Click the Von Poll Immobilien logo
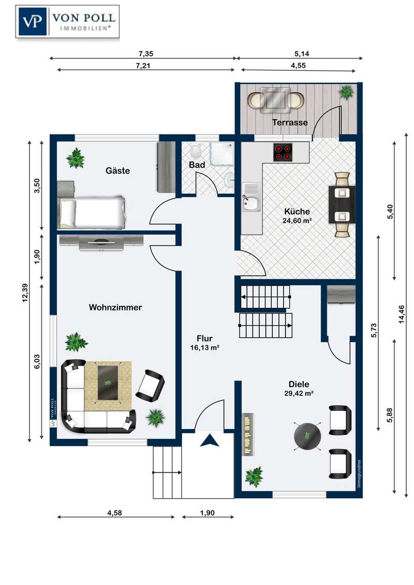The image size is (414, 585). [x=67, y=22]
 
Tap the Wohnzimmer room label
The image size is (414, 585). [x=115, y=307]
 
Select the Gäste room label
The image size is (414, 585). [x=117, y=171]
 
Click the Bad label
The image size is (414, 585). [x=197, y=164]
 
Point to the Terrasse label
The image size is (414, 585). [x=290, y=122]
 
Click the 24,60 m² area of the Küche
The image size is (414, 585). [x=298, y=221]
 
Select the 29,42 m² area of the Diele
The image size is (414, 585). [x=299, y=393]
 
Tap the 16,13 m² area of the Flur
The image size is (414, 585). [x=204, y=348]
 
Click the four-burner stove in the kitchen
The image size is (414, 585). [x=283, y=152]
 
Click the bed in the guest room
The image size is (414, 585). [x=92, y=212]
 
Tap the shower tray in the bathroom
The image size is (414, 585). [x=221, y=154]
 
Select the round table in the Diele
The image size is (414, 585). [x=307, y=436]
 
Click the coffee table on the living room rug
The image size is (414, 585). [x=108, y=382]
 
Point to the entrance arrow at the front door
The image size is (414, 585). [x=209, y=440]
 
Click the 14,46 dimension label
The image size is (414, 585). [x=402, y=315]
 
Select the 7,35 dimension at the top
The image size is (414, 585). [x=146, y=54]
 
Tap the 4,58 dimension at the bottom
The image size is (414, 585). [x=115, y=513]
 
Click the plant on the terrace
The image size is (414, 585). [x=346, y=91]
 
